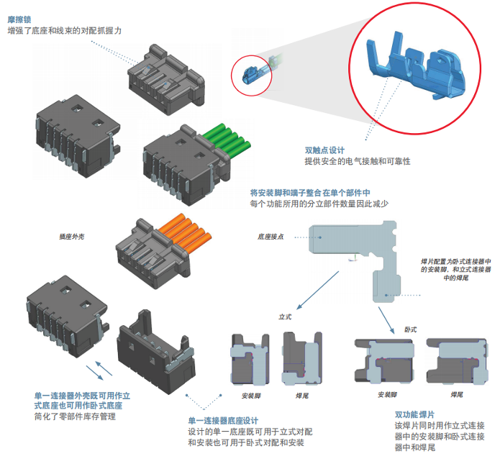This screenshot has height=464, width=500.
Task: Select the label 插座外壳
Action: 72,236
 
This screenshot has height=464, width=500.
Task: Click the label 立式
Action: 285,317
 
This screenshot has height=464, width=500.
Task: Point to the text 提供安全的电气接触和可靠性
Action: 357,162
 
